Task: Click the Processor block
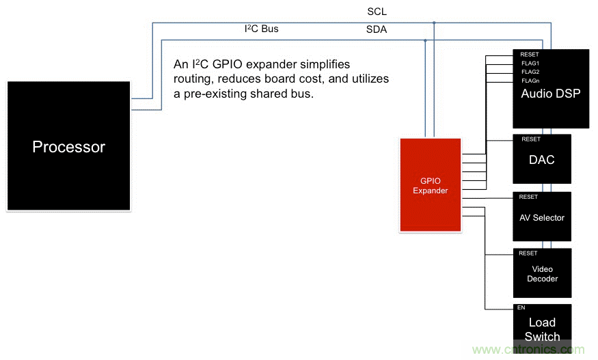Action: click(68, 146)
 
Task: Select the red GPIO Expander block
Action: click(430, 185)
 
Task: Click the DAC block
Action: click(541, 160)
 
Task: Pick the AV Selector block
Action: click(541, 217)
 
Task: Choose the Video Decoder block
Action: click(541, 273)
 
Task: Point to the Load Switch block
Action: click(541, 330)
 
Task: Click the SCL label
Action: click(377, 12)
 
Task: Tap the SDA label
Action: click(377, 29)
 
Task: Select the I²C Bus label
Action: click(262, 29)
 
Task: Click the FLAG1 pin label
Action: click(530, 63)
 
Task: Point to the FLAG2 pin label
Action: click(530, 72)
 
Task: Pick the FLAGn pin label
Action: click(530, 81)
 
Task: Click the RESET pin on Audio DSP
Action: click(530, 54)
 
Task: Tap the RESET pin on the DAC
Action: click(530, 139)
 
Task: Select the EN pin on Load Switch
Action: click(521, 308)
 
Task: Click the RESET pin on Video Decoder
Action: click(528, 253)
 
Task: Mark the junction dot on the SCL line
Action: click(434, 23)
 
